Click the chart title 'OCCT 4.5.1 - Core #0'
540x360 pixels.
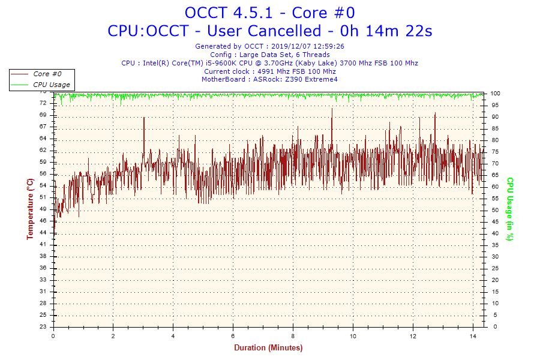[269, 13]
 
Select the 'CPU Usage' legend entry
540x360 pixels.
[51, 85]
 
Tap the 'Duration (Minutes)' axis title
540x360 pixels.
[268, 347]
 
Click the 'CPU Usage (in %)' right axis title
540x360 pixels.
[510, 209]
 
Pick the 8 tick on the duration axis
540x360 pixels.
[293, 336]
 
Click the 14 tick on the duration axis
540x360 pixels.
[472, 336]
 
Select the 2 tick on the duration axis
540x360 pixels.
[113, 336]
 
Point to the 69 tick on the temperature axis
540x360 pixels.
[43, 115]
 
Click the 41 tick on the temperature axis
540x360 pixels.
[43, 244]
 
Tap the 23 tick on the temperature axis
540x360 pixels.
[43, 327]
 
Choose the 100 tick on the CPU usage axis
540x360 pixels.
[496, 94]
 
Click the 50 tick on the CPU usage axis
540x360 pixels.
[495, 210]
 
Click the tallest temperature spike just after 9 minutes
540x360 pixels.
[332, 109]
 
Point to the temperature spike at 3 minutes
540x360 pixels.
[144, 118]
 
